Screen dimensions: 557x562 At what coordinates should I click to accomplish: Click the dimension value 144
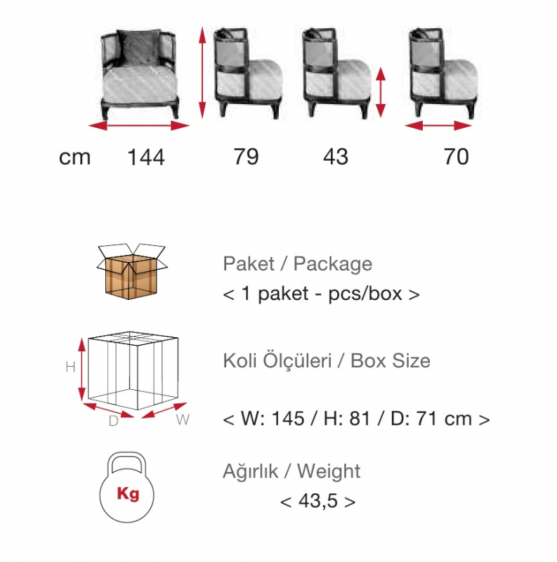(x=146, y=157)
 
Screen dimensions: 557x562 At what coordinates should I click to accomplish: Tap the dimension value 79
(x=247, y=157)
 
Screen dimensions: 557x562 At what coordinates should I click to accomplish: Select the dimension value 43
(x=336, y=157)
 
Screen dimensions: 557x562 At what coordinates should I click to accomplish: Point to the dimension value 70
(x=457, y=157)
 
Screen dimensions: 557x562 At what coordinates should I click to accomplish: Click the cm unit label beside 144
(x=74, y=157)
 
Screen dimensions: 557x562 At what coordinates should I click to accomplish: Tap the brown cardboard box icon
(x=131, y=271)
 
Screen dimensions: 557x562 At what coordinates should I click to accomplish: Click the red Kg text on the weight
(x=128, y=494)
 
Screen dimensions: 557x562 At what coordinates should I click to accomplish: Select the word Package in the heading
(x=333, y=265)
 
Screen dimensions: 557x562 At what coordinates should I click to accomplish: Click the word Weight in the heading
(x=329, y=471)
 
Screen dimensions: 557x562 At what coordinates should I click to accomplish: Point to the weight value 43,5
(x=318, y=501)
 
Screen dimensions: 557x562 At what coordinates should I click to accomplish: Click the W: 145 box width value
(x=273, y=418)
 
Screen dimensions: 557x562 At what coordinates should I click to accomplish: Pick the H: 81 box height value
(x=347, y=418)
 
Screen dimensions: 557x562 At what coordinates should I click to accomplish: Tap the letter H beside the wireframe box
(x=71, y=367)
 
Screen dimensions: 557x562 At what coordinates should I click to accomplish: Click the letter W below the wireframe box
(x=183, y=419)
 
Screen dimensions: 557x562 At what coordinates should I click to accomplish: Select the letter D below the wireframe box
(x=114, y=421)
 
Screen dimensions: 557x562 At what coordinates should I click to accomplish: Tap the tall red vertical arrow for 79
(x=202, y=72)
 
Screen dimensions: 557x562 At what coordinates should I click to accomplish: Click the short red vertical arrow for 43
(x=381, y=92)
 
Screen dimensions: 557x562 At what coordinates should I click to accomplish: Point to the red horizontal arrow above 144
(x=138, y=126)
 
